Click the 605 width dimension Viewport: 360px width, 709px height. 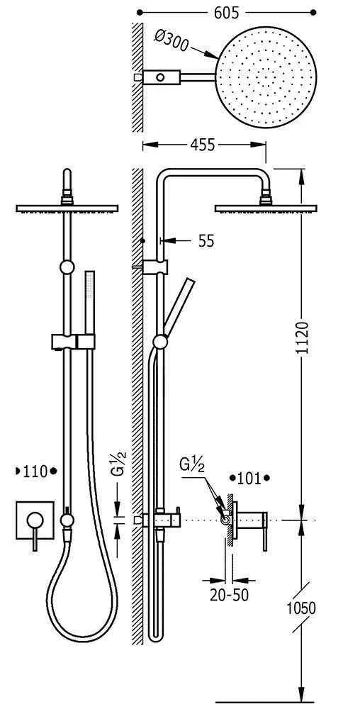point(226,13)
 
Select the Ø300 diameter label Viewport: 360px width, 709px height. point(171,40)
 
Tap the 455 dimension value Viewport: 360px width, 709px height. point(202,145)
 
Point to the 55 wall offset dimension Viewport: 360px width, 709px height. point(206,241)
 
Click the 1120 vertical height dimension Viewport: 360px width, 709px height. point(302,338)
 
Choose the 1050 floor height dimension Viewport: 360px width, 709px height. point(301,608)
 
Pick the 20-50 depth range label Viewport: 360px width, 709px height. point(230,596)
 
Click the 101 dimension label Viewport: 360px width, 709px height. point(249,478)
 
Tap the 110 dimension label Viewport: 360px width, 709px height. point(35,471)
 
